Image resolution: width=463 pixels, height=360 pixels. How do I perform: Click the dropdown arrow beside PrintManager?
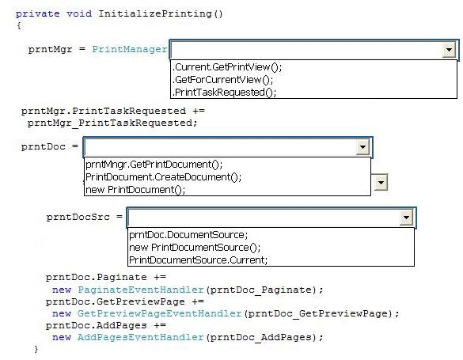pyautogui.click(x=449, y=50)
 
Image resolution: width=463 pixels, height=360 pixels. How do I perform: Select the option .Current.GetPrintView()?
pyautogui.click(x=227, y=67)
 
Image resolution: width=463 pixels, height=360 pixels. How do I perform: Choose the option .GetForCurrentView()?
pyautogui.click(x=222, y=80)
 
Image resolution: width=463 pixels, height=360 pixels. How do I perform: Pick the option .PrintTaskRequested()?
pyautogui.click(x=225, y=93)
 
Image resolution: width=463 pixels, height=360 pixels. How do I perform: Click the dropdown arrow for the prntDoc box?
pyautogui.click(x=363, y=147)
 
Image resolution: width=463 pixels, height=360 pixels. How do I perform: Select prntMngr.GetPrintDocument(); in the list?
pyautogui.click(x=154, y=165)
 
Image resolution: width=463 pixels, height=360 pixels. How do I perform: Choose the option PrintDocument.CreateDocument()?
pyautogui.click(x=163, y=177)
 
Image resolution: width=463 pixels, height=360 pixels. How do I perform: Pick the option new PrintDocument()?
pyautogui.click(x=135, y=189)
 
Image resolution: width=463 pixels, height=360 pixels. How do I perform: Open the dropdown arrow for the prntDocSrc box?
pyautogui.click(x=406, y=218)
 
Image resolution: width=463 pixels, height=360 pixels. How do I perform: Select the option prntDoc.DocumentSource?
pyautogui.click(x=188, y=235)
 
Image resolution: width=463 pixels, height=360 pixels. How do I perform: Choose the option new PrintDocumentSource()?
pyautogui.click(x=195, y=248)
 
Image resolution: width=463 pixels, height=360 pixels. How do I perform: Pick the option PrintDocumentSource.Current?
pyautogui.click(x=198, y=260)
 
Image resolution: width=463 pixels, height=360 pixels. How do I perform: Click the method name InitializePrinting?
pyautogui.click(x=155, y=14)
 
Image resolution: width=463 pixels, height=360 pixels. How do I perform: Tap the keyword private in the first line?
pyautogui.click(x=37, y=14)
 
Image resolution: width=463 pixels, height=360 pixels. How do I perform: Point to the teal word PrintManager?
pyautogui.click(x=130, y=49)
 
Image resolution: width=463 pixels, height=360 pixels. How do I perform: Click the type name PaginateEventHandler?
pyautogui.click(x=141, y=290)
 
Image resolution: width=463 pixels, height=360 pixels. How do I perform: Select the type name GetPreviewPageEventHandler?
pyautogui.click(x=160, y=313)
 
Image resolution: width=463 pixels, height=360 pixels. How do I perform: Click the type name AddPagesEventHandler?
pyautogui.click(x=141, y=337)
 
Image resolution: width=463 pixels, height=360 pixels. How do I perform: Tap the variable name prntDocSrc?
pyautogui.click(x=78, y=217)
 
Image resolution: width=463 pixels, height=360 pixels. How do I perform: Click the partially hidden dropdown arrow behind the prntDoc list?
pyautogui.click(x=381, y=183)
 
